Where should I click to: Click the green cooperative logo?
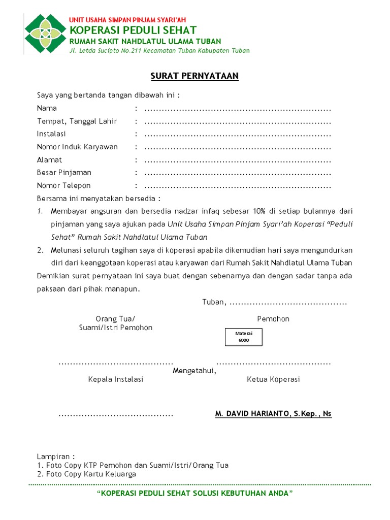[x=46, y=34]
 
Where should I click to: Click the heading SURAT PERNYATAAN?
[x=194, y=76]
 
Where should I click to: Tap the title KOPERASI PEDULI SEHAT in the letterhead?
[x=133, y=30]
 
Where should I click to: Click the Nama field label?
[x=47, y=108]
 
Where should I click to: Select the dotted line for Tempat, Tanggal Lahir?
[x=237, y=122]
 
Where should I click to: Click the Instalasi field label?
[x=51, y=134]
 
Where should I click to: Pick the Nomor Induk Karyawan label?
[x=77, y=147]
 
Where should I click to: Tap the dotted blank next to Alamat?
[x=237, y=160]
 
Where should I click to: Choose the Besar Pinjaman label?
[x=64, y=173]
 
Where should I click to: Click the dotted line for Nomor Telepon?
[x=237, y=186]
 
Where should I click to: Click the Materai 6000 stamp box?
[x=244, y=337]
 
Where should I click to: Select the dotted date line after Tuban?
[x=288, y=303]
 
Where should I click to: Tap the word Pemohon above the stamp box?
[x=273, y=319]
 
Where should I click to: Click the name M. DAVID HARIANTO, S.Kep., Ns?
[x=273, y=414]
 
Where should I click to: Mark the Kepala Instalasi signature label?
[x=116, y=379]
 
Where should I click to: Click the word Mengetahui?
[x=194, y=371]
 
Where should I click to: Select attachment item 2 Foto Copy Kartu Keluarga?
[x=86, y=474]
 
